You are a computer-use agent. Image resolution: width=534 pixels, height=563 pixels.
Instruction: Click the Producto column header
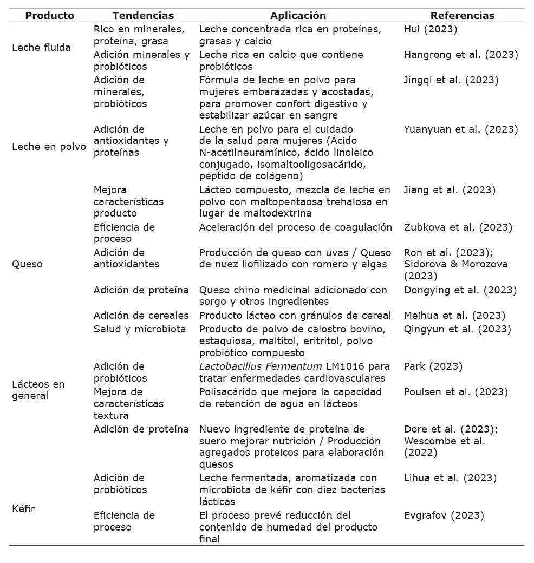pos(49,16)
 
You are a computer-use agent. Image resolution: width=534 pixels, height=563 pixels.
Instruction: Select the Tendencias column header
pos(143,16)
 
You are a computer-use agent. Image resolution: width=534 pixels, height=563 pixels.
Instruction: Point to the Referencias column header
pos(462,16)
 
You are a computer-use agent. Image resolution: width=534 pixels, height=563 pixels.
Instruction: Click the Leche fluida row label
pos(41,48)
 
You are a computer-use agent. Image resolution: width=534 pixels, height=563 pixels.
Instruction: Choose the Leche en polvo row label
pos(49,147)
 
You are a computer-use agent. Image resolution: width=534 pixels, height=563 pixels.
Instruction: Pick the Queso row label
pos(27,264)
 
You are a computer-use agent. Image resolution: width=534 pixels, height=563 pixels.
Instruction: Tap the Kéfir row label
pos(23,509)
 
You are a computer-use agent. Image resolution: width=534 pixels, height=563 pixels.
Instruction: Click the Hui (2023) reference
pos(431,29)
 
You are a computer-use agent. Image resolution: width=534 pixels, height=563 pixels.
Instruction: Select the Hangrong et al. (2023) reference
pos(461,55)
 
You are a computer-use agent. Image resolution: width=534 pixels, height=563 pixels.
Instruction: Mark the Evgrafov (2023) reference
pos(444,515)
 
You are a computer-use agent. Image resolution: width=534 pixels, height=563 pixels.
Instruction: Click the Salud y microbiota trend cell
pos(140,329)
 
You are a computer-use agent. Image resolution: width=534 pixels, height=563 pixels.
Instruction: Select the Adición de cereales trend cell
pos(141,316)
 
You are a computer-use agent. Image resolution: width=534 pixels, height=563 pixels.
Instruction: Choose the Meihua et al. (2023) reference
pos(454,316)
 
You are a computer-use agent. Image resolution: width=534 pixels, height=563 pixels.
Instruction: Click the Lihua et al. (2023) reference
pos(450,478)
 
